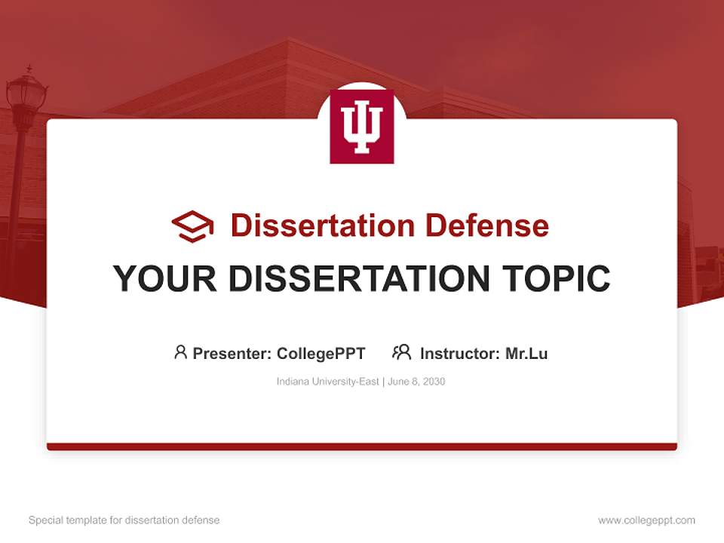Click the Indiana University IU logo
pyautogui.click(x=362, y=127)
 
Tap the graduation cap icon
pyautogui.click(x=192, y=225)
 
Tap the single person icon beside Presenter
pyautogui.click(x=180, y=352)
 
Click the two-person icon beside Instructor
pyautogui.click(x=401, y=352)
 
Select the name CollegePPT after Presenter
pyautogui.click(x=321, y=354)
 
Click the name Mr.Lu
pyautogui.click(x=526, y=354)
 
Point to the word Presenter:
pyautogui.click(x=232, y=354)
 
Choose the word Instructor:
pyautogui.click(x=460, y=354)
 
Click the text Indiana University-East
pyautogui.click(x=328, y=382)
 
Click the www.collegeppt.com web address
pyautogui.click(x=646, y=520)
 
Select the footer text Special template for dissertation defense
pyautogui.click(x=124, y=520)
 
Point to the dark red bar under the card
pyautogui.click(x=362, y=446)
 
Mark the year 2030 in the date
pyautogui.click(x=434, y=382)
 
